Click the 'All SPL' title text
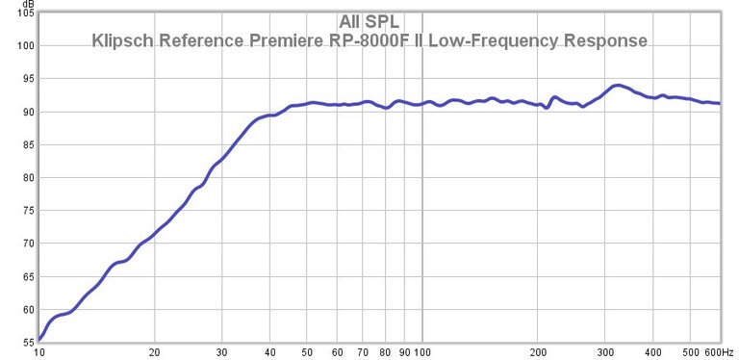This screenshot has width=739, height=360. [369, 21]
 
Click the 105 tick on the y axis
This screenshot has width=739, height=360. [25, 13]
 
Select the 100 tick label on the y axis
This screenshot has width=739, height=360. [25, 46]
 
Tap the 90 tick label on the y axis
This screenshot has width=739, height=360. [28, 113]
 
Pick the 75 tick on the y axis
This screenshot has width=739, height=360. [28, 211]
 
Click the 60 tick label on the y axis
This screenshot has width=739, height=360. [28, 310]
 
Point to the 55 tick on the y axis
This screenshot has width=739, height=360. [28, 342]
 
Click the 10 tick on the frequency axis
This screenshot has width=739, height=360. [39, 351]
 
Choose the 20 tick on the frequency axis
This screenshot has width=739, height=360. [154, 351]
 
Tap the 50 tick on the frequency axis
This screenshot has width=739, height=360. [307, 351]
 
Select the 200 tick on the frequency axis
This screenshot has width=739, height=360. [538, 351]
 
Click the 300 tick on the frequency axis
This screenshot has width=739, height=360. [606, 351]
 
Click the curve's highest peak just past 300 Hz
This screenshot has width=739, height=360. [618, 86]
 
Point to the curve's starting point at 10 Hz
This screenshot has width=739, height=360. [39, 339]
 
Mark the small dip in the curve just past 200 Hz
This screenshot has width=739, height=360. [547, 108]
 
